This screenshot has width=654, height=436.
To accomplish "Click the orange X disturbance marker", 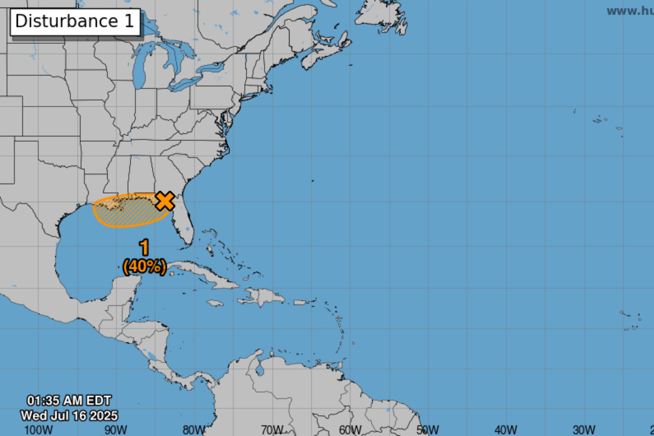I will click(165, 201).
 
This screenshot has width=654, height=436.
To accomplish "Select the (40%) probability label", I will click(145, 267).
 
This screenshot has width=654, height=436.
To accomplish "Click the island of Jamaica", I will click(215, 303).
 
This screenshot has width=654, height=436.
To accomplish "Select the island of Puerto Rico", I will click(300, 302).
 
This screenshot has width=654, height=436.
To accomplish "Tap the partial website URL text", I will click(630, 11).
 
